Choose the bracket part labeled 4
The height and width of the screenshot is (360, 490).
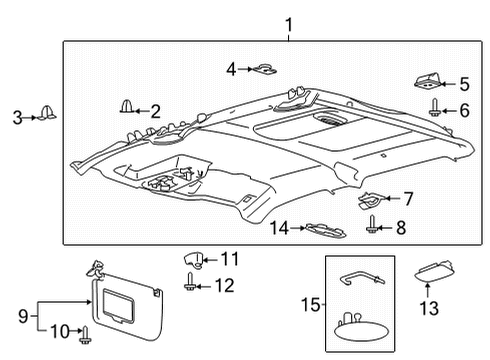pos(265,69)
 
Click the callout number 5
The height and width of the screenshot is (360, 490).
pos(463,85)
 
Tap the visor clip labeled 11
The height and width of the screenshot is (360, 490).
pos(196,262)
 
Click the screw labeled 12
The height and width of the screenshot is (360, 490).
pos(191,286)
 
